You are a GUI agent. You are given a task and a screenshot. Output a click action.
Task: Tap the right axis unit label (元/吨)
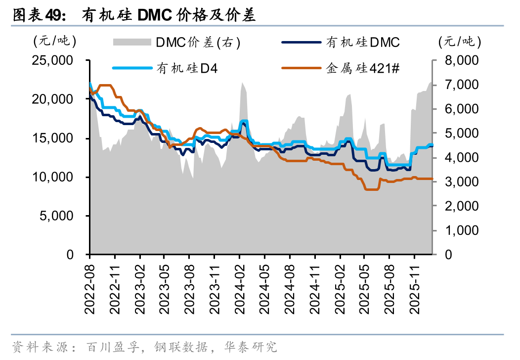460,42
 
